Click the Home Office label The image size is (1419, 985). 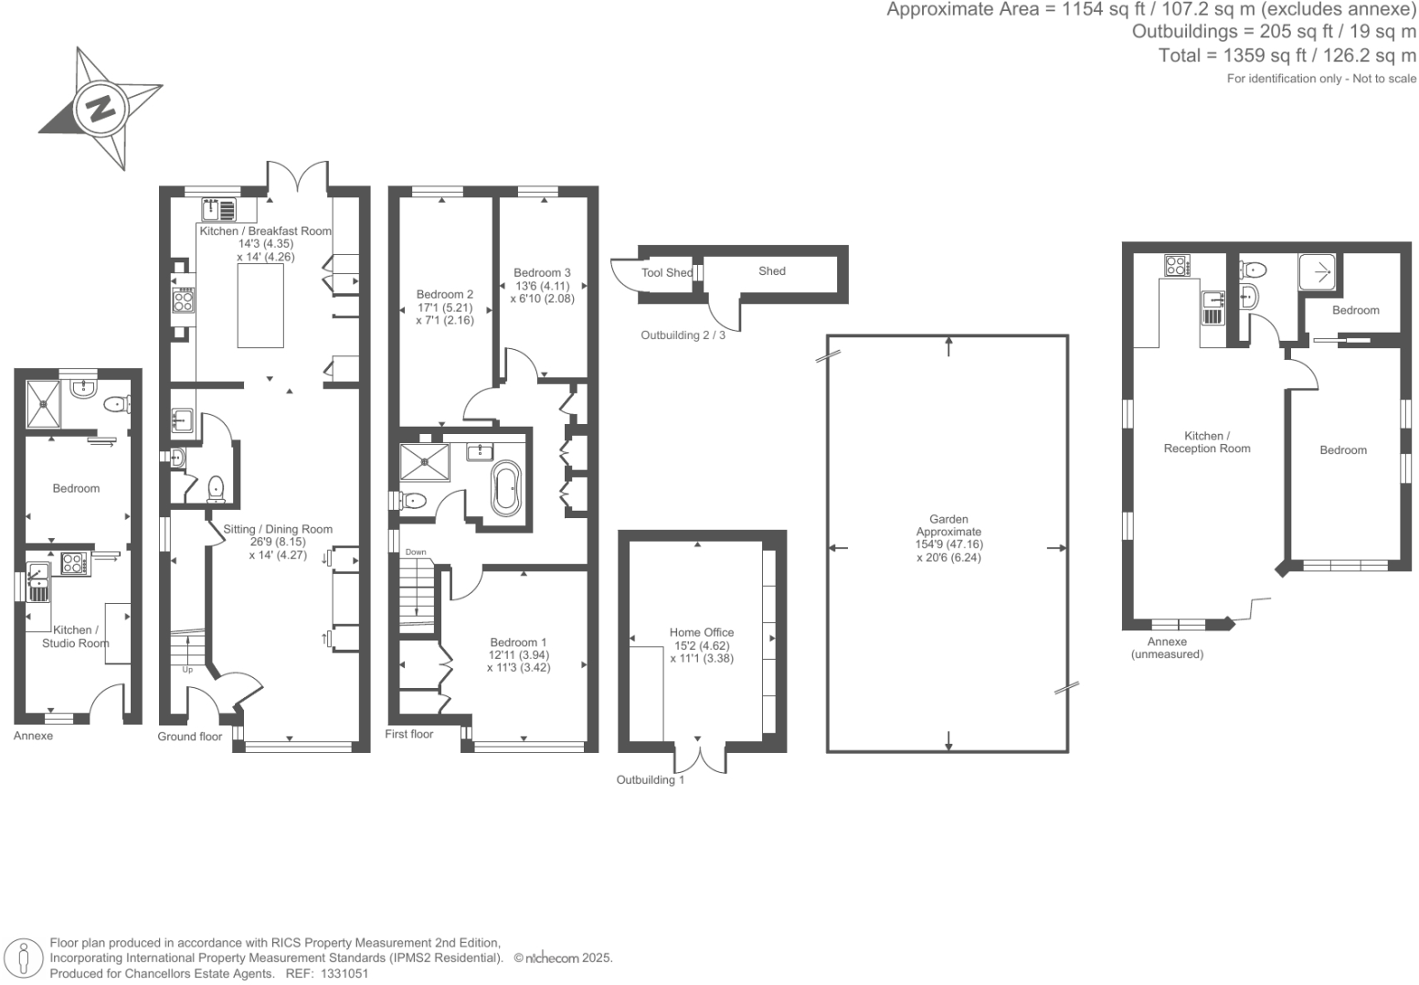click(701, 632)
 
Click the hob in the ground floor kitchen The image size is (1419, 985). click(184, 301)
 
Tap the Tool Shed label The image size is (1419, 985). click(667, 272)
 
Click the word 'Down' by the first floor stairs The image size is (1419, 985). click(416, 552)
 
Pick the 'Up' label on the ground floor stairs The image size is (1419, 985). click(187, 670)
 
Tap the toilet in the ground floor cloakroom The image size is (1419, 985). click(216, 489)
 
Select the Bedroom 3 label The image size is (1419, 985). click(542, 272)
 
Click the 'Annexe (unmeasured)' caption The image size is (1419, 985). click(1167, 648)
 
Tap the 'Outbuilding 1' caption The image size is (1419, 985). click(650, 779)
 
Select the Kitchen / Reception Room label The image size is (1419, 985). click(1206, 442)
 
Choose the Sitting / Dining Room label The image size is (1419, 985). click(278, 529)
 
